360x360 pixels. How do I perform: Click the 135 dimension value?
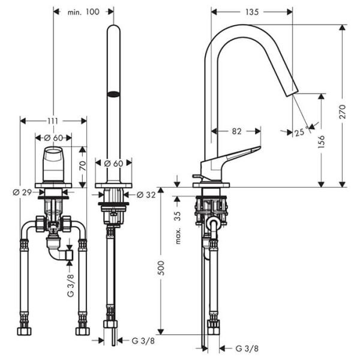pos(252,11)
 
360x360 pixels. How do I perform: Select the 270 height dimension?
pos(342,107)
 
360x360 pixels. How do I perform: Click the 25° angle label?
pos(299,133)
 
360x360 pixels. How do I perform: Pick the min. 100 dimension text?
pos(83,11)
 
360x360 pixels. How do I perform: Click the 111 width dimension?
pos(54,121)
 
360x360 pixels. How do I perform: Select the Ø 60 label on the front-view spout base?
pos(113,163)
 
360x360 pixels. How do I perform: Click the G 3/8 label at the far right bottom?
pos(246,348)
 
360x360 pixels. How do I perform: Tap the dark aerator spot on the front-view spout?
pos(113,94)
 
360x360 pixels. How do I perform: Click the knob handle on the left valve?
pos(53,162)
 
